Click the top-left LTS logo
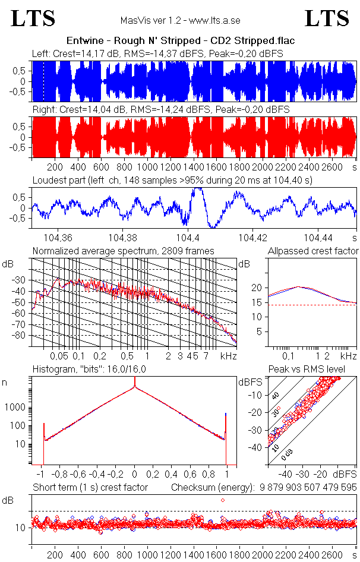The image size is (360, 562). (x=33, y=18)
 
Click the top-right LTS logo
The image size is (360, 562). (x=327, y=18)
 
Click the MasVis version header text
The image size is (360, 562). (x=180, y=21)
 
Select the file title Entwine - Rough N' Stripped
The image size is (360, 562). (x=180, y=40)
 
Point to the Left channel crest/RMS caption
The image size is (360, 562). (x=157, y=53)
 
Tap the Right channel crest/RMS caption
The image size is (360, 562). (x=160, y=110)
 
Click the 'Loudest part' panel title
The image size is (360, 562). (x=172, y=179)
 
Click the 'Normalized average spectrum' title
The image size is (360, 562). (x=124, y=251)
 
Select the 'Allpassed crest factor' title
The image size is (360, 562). (x=313, y=251)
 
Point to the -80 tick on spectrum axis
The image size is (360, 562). (x=23, y=336)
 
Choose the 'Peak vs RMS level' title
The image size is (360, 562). (x=315, y=370)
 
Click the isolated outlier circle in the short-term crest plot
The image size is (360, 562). (x=223, y=500)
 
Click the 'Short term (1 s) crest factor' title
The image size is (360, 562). (x=90, y=488)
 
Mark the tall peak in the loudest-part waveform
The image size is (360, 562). (x=198, y=190)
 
